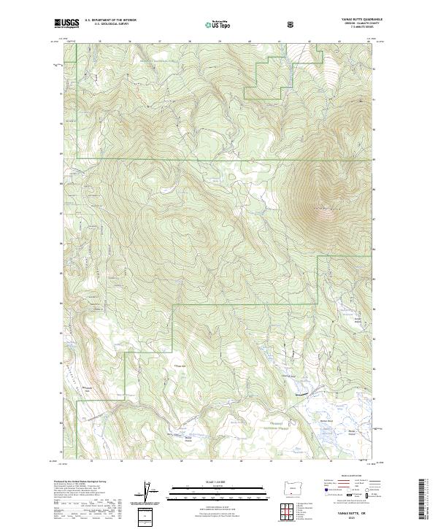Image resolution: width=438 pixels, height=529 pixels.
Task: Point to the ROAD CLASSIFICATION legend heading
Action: (x=355, y=481)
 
